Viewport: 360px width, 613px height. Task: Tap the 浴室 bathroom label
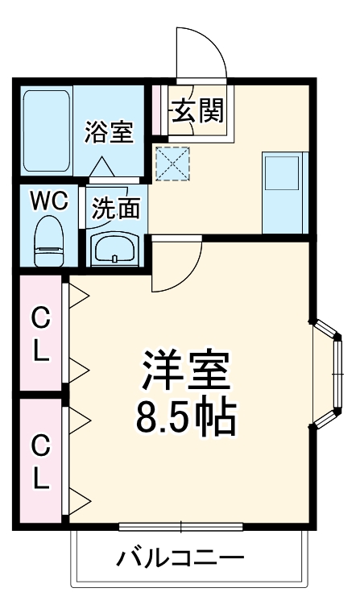pos(109,131)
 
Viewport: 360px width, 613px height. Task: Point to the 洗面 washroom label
pos(115,209)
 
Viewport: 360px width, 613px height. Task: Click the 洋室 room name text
pos(187,372)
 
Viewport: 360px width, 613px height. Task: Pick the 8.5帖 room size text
pos(187,417)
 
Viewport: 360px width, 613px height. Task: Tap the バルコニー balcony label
pos(180,558)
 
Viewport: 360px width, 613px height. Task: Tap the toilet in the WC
pos(50,241)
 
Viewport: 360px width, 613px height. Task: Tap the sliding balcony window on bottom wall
pos(181,528)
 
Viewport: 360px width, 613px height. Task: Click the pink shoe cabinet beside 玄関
pos(157,110)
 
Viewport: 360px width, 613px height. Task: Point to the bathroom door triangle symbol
pos(101,167)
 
